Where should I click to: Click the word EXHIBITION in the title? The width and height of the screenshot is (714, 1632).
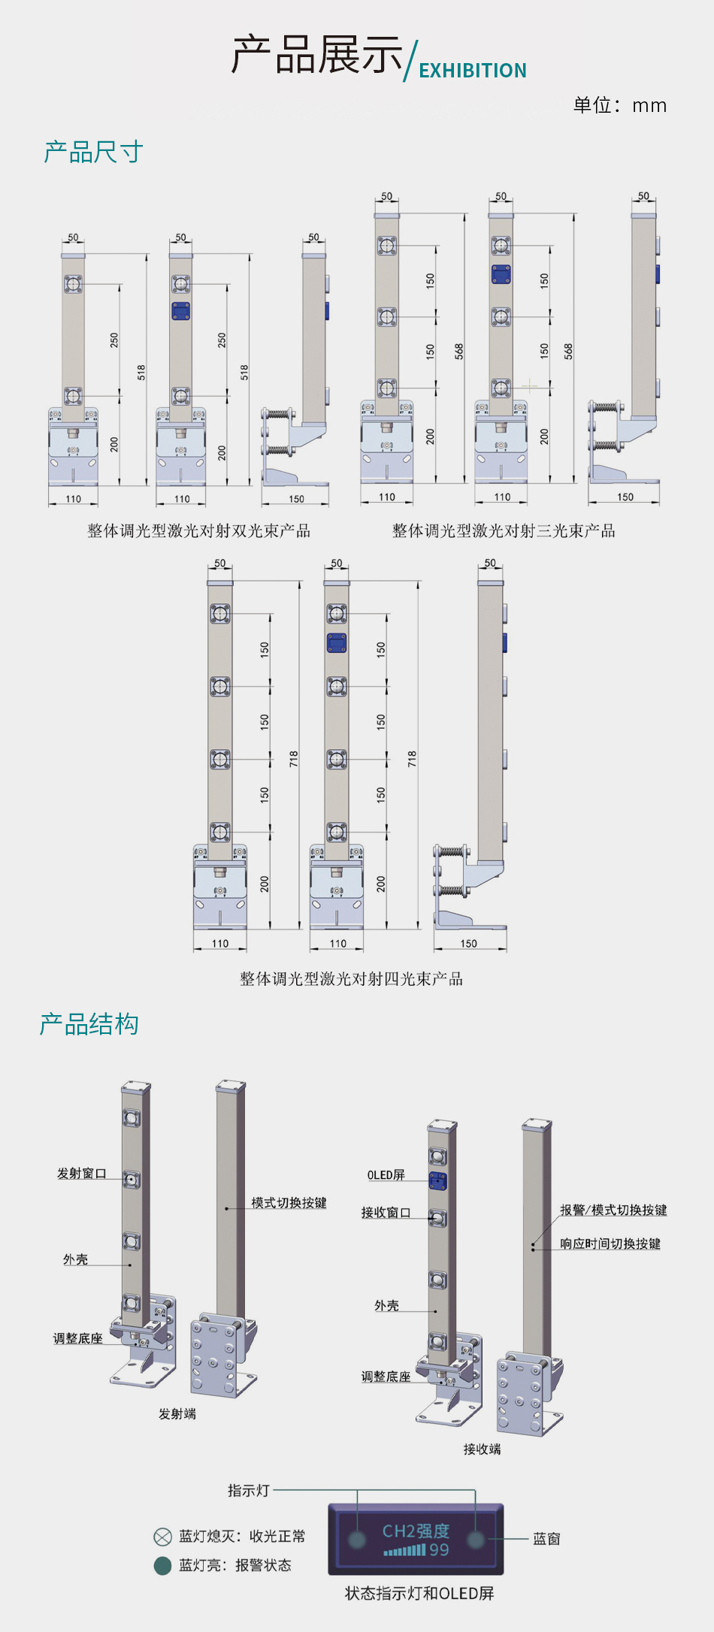pos(472,71)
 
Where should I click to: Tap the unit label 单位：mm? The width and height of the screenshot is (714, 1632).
pos(619,105)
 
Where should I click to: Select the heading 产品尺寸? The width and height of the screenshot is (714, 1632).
pos(93,153)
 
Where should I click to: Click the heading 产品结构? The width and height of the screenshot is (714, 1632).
pos(89,1024)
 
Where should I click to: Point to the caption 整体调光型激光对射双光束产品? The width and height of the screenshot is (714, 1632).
pos(198,531)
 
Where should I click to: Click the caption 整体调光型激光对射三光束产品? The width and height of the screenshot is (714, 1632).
pos(504,531)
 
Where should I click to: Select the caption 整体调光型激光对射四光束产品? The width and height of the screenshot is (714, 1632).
pos(351,979)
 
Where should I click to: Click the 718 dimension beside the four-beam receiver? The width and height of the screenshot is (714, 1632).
pos(412,759)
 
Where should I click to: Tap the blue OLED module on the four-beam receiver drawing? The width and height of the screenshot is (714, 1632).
pos(337,643)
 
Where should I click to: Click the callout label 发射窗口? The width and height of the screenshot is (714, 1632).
pos(81,1174)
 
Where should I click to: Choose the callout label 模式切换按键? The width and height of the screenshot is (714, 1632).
pos(289,1203)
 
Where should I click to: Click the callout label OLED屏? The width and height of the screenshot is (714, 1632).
pos(386,1175)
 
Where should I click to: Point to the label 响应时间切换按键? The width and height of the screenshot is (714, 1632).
pos(610,1244)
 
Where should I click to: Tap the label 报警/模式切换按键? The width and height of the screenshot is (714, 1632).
pos(613,1210)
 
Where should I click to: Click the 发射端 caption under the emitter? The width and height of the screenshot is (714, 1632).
pos(177,1414)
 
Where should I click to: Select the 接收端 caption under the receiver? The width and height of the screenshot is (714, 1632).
pos(482,1449)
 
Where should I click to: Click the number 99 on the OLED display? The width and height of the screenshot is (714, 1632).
pos(439,1550)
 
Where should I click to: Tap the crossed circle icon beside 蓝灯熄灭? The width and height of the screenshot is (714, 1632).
pos(162,1537)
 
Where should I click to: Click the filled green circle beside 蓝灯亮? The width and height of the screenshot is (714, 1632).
pos(162,1566)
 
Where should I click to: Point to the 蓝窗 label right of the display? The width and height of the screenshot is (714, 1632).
pos(546,1539)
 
